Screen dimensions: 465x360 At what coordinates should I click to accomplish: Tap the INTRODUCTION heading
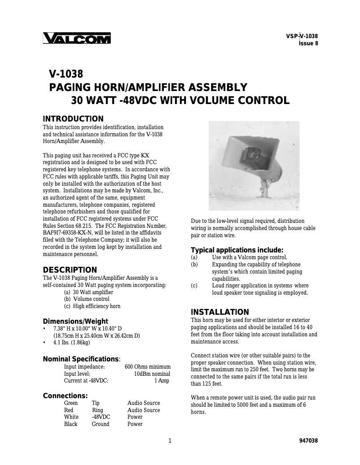coord(73,119)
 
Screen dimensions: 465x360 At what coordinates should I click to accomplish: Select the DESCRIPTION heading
coord(70,270)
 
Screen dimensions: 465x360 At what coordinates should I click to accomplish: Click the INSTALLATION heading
coord(220,312)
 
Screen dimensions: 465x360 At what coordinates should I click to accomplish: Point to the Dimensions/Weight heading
coord(75,321)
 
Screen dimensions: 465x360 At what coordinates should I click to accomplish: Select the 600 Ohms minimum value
coord(147,366)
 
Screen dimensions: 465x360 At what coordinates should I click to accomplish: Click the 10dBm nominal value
coord(152,374)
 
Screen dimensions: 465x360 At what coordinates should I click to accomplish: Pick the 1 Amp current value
coord(162,381)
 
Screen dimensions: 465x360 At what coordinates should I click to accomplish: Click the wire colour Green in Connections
coord(71,403)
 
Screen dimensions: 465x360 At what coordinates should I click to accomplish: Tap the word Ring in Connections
coord(97,410)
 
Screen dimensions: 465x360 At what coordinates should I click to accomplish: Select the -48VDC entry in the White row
coord(101,417)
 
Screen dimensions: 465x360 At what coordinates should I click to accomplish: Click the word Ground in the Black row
coord(101,424)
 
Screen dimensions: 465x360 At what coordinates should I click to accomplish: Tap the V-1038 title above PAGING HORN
coord(66,74)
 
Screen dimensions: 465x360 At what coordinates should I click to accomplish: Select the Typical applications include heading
coord(237,250)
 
